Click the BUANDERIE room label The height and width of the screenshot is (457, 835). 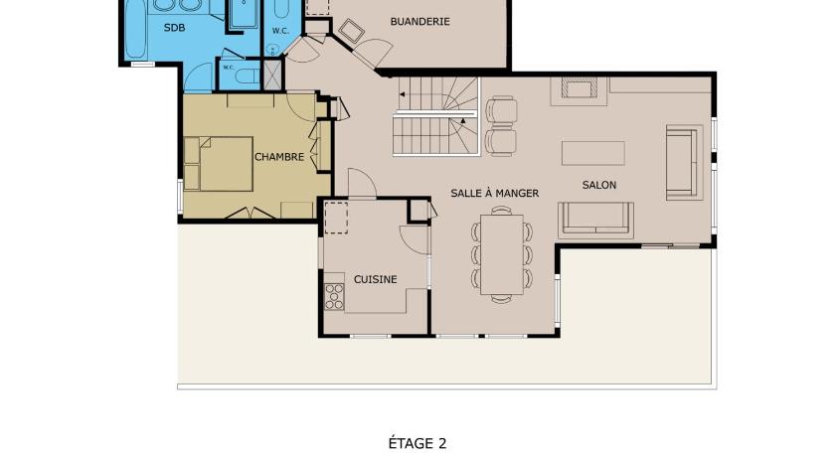pyautogui.click(x=419, y=21)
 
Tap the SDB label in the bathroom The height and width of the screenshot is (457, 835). pyautogui.click(x=174, y=28)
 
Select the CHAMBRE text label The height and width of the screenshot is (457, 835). pyautogui.click(x=279, y=157)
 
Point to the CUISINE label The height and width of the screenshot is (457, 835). pyautogui.click(x=376, y=279)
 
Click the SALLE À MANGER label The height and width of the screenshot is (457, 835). pyautogui.click(x=495, y=193)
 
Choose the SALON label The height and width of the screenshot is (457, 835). pyautogui.click(x=599, y=185)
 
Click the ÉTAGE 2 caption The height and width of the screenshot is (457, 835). pyautogui.click(x=417, y=443)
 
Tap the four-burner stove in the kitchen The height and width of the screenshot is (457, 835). pyautogui.click(x=334, y=296)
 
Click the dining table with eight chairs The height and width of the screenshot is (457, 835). pyautogui.click(x=501, y=254)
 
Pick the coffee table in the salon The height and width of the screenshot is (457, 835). pyautogui.click(x=593, y=153)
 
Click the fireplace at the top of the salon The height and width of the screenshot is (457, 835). pyautogui.click(x=579, y=91)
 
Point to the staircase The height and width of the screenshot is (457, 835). pyautogui.click(x=436, y=116)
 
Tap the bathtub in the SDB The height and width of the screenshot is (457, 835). pyautogui.click(x=135, y=31)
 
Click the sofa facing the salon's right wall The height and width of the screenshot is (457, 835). pyautogui.click(x=684, y=162)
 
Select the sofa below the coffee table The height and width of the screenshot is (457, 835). pyautogui.click(x=595, y=220)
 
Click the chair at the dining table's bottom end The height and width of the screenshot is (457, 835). pyautogui.click(x=501, y=298)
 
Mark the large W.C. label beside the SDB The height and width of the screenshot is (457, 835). pyautogui.click(x=280, y=31)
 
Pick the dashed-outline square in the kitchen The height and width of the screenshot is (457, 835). pyautogui.click(x=336, y=217)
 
